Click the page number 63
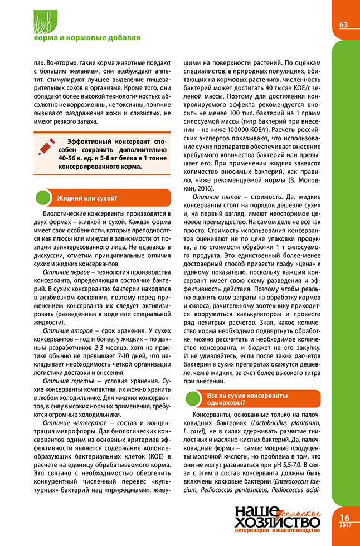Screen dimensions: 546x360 pos(343,25)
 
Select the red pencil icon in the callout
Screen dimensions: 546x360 pos(47,146)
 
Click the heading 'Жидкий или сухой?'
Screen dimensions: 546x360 pos(86,197)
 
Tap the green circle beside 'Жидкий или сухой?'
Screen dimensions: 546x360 pos(42,197)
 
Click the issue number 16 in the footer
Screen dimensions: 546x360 pos(344,517)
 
